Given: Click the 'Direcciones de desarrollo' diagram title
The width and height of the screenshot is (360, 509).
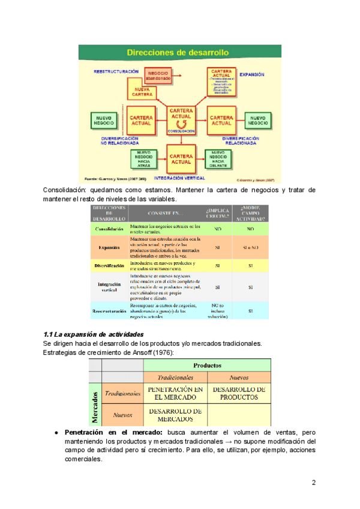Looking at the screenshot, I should pos(181,53).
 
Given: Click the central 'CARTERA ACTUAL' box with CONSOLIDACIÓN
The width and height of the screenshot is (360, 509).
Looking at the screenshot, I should pos(181,120).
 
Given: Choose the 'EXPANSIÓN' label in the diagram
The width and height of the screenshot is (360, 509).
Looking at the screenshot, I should pos(252,76).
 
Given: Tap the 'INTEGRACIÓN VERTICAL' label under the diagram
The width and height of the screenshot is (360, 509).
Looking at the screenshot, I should pos(181,178).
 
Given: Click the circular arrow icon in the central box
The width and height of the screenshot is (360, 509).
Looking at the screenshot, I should pos(181,123).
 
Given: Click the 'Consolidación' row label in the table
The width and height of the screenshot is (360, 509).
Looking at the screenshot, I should pos(109,229).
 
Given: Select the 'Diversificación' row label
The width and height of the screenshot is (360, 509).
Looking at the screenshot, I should pos(109,265).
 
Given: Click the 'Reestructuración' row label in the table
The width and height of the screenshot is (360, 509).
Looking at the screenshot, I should pos(109,312).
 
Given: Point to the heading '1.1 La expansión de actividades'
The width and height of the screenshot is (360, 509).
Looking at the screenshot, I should pos(94,334).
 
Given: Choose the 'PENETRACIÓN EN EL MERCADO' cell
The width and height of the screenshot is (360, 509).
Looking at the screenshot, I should pos(176,394).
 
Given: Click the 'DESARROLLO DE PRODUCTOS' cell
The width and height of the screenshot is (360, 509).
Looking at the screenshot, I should pos(239,394).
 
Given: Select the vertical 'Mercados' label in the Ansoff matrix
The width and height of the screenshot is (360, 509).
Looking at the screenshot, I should pos(95,407).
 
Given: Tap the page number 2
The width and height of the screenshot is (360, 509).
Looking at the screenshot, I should pos(313,483).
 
